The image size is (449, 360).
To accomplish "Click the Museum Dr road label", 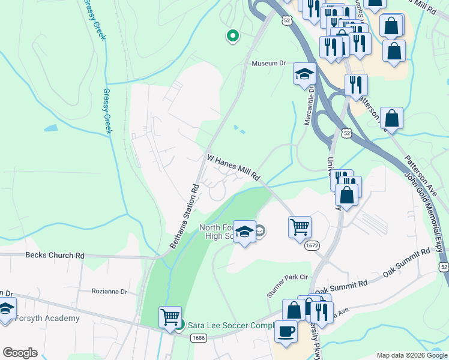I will [270, 63].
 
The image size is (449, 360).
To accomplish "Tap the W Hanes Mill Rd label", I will [233, 168].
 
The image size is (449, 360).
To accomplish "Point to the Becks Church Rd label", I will [55, 255].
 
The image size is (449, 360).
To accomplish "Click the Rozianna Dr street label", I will [110, 292].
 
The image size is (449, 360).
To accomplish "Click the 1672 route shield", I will [312, 245].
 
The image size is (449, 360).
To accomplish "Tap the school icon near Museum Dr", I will [304, 75].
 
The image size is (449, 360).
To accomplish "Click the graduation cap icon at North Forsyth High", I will [244, 232].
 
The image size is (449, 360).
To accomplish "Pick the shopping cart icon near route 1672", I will [300, 227].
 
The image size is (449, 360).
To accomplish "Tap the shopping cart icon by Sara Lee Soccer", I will [170, 317].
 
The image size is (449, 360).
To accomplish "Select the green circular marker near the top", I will [232, 37].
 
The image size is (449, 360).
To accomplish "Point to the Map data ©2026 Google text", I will [411, 355].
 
